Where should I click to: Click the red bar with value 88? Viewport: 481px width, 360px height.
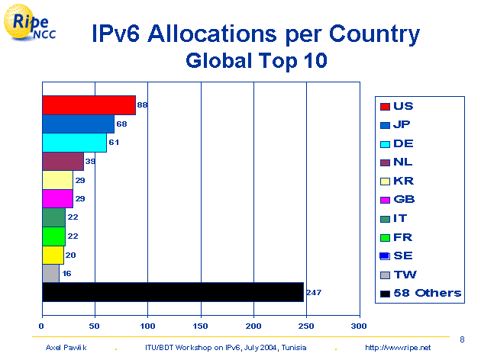click(x=89, y=105)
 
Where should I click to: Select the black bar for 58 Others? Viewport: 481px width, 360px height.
click(x=172, y=291)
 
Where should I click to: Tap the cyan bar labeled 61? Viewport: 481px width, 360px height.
click(x=74, y=143)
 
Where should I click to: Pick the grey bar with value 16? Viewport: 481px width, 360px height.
click(x=50, y=272)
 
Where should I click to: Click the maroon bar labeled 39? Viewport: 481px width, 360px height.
click(x=63, y=161)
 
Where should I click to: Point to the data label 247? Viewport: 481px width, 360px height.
click(x=314, y=291)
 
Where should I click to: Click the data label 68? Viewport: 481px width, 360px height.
click(x=121, y=124)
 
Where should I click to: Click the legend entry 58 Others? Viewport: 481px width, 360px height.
click(x=420, y=293)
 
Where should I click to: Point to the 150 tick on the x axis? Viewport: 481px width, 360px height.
click(x=200, y=326)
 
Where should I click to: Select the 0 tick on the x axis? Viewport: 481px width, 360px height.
click(x=41, y=326)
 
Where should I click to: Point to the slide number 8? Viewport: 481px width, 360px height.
click(x=463, y=338)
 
